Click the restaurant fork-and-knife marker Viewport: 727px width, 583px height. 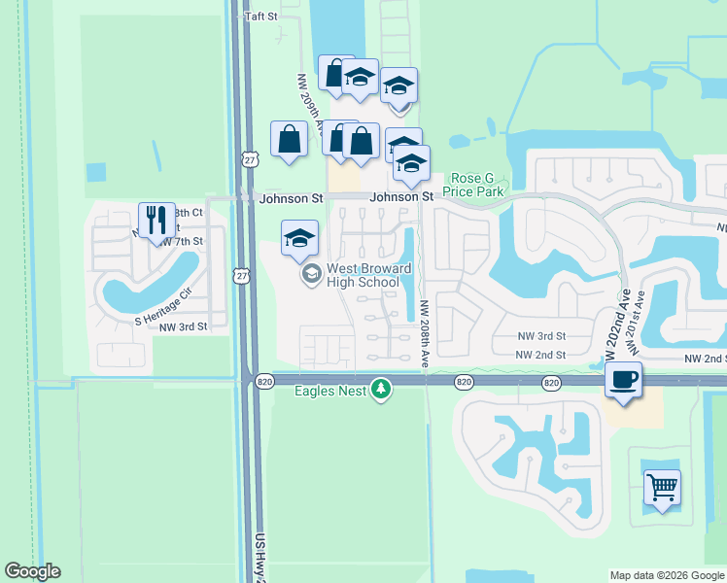coord(156,221)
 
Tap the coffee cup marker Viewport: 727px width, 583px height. coord(623,379)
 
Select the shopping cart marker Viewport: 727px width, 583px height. coord(662,486)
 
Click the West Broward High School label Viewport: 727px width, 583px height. coord(363,275)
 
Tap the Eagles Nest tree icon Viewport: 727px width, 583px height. coord(382,390)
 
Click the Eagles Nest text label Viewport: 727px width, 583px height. coord(330,392)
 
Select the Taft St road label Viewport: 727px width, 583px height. coord(261,17)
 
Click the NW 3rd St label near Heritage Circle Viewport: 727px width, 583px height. coord(184,326)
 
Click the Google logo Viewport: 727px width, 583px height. coord(32,571)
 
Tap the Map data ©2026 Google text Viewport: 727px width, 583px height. coord(667,575)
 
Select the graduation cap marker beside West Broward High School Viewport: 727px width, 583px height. coord(299,238)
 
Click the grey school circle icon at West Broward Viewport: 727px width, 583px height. coord(311,274)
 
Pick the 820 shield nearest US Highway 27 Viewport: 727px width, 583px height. coord(264,382)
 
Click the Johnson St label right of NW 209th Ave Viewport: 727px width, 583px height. coord(400,197)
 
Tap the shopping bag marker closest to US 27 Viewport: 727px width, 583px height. coord(290,139)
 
